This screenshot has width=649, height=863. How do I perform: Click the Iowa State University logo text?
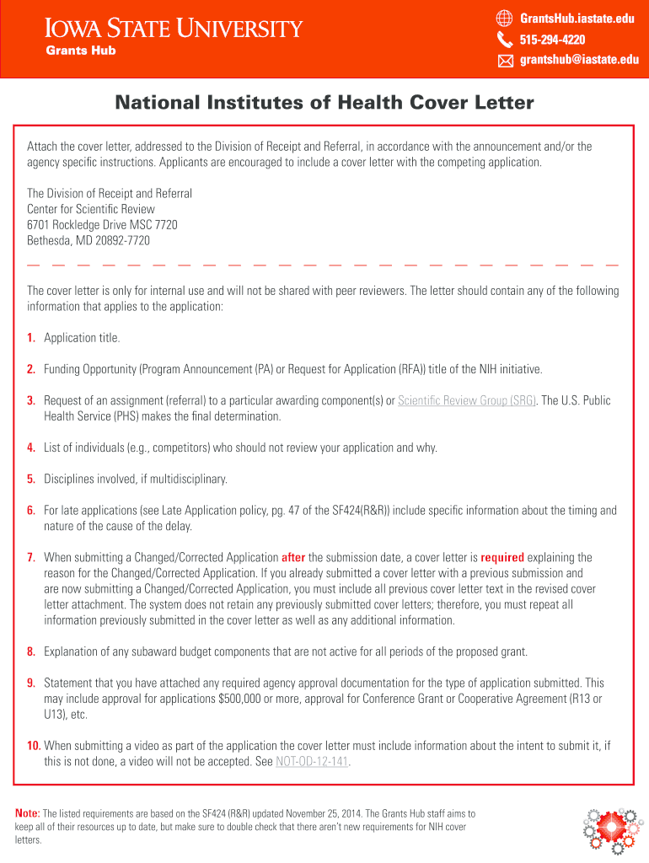coord(173,29)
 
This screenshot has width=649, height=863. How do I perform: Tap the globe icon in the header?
coord(505,18)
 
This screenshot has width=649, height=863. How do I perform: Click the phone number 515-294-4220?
coord(552,40)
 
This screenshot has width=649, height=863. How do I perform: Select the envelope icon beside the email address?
coord(505,60)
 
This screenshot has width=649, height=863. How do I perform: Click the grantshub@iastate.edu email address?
coord(578,60)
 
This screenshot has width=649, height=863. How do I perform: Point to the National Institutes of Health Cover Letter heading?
coord(324,103)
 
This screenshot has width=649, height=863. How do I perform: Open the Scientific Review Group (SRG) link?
coord(467,400)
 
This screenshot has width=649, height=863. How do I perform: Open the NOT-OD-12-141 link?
coord(312,762)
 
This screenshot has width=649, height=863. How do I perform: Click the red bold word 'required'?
coord(502,557)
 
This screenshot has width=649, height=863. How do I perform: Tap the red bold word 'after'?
coord(293,557)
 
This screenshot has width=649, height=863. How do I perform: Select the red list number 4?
coord(30,448)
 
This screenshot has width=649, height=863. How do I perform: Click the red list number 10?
coord(34,746)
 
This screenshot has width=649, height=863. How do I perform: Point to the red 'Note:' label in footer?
coord(28,813)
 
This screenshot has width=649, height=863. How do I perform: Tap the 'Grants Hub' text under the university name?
coord(80,51)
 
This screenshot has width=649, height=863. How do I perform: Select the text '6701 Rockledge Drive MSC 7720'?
coord(102,225)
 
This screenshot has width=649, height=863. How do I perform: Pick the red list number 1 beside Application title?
coord(30,338)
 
